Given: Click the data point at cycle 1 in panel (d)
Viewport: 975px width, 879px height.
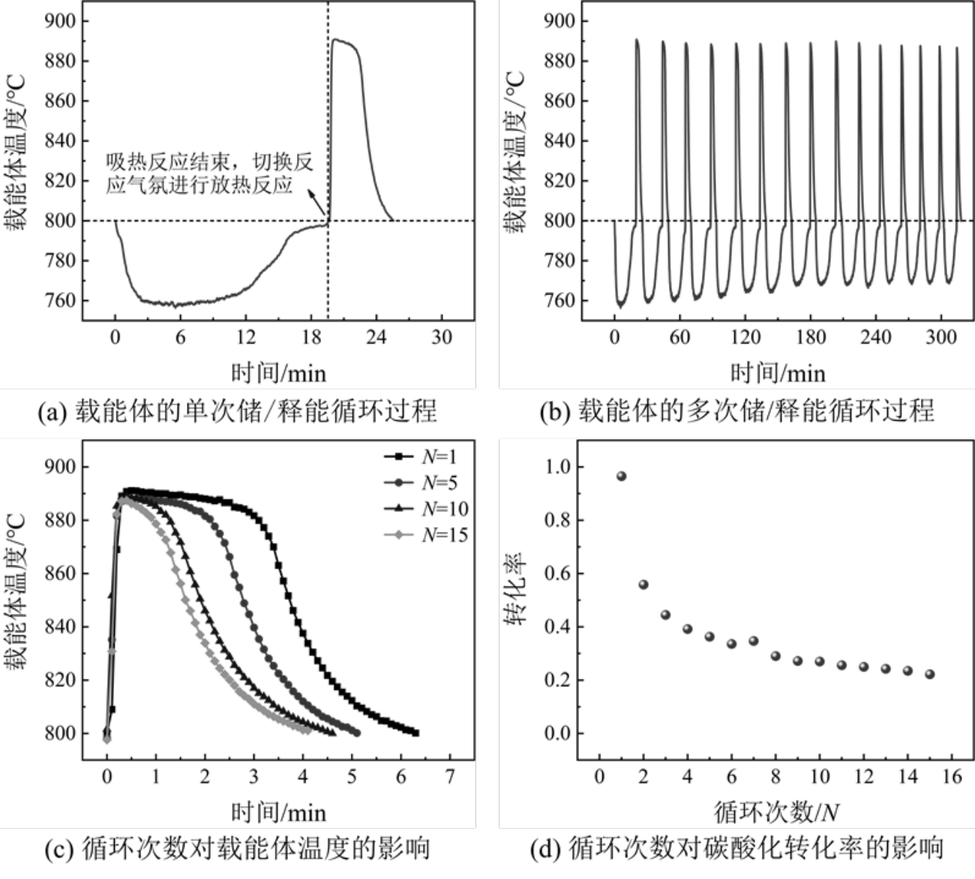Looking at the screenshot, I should coord(621,476).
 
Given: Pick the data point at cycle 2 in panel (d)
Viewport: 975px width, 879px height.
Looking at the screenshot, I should coord(643,584).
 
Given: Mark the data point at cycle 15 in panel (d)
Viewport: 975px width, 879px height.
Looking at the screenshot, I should coord(930,673).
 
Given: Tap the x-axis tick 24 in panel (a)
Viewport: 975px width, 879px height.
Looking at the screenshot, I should coord(376,337).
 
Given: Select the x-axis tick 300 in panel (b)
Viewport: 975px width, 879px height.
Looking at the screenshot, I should coord(940,337).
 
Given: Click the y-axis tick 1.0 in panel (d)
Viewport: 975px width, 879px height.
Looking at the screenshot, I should coord(558,466).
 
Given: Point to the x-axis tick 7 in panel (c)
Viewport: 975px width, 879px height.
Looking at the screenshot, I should coord(450,776).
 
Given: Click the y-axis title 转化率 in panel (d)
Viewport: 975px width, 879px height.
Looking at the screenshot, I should coord(517,589).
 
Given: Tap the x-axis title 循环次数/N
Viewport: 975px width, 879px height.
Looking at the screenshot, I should coord(775,811).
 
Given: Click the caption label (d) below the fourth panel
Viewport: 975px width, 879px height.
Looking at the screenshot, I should coord(545,850).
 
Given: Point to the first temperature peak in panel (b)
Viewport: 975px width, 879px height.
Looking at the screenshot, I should coord(637,40).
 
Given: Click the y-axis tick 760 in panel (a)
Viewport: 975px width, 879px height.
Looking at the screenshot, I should coord(61,301).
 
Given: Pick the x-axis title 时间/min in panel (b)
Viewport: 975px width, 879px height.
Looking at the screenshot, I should coord(778,373).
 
